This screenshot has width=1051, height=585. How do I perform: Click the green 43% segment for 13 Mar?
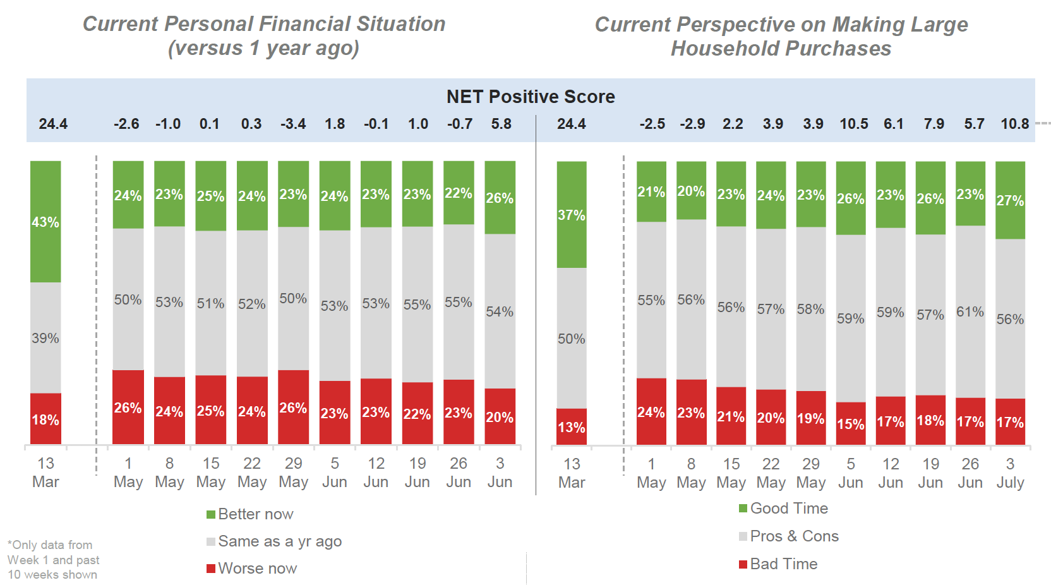(x=45, y=222)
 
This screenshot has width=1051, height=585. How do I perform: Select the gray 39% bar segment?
(x=45, y=338)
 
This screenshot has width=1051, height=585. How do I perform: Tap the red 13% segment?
(x=572, y=427)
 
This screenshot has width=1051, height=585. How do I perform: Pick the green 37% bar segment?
(x=572, y=215)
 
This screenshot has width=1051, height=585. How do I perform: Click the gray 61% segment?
(x=970, y=311)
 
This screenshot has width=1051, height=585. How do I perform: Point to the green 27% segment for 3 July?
(x=1010, y=200)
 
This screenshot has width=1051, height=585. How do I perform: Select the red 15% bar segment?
(x=851, y=424)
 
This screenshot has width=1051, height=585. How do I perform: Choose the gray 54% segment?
(x=500, y=311)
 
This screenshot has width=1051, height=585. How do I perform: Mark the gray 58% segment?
(x=811, y=309)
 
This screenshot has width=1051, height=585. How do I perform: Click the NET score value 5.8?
(x=501, y=124)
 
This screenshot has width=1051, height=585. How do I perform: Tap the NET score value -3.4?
(x=293, y=124)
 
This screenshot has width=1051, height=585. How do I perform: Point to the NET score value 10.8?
(x=1015, y=124)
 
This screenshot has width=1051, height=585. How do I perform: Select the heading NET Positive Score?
(x=531, y=97)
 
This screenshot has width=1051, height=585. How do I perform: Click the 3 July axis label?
(x=1010, y=473)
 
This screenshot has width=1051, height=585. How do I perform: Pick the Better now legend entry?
(x=250, y=514)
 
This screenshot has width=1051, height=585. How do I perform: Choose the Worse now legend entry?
(x=251, y=569)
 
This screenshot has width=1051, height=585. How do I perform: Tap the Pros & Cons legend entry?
(x=789, y=536)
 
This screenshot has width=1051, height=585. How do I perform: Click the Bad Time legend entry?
(x=778, y=564)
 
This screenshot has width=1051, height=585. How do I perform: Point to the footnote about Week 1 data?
(x=53, y=560)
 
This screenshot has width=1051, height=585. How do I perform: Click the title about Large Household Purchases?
(x=781, y=36)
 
